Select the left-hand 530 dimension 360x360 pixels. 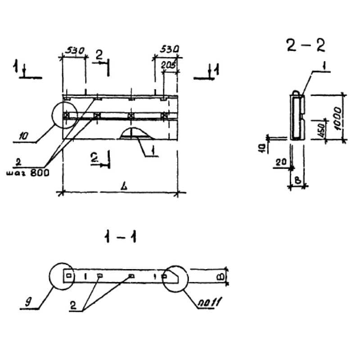pos(73,51)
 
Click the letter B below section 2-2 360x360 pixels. pos(297,181)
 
